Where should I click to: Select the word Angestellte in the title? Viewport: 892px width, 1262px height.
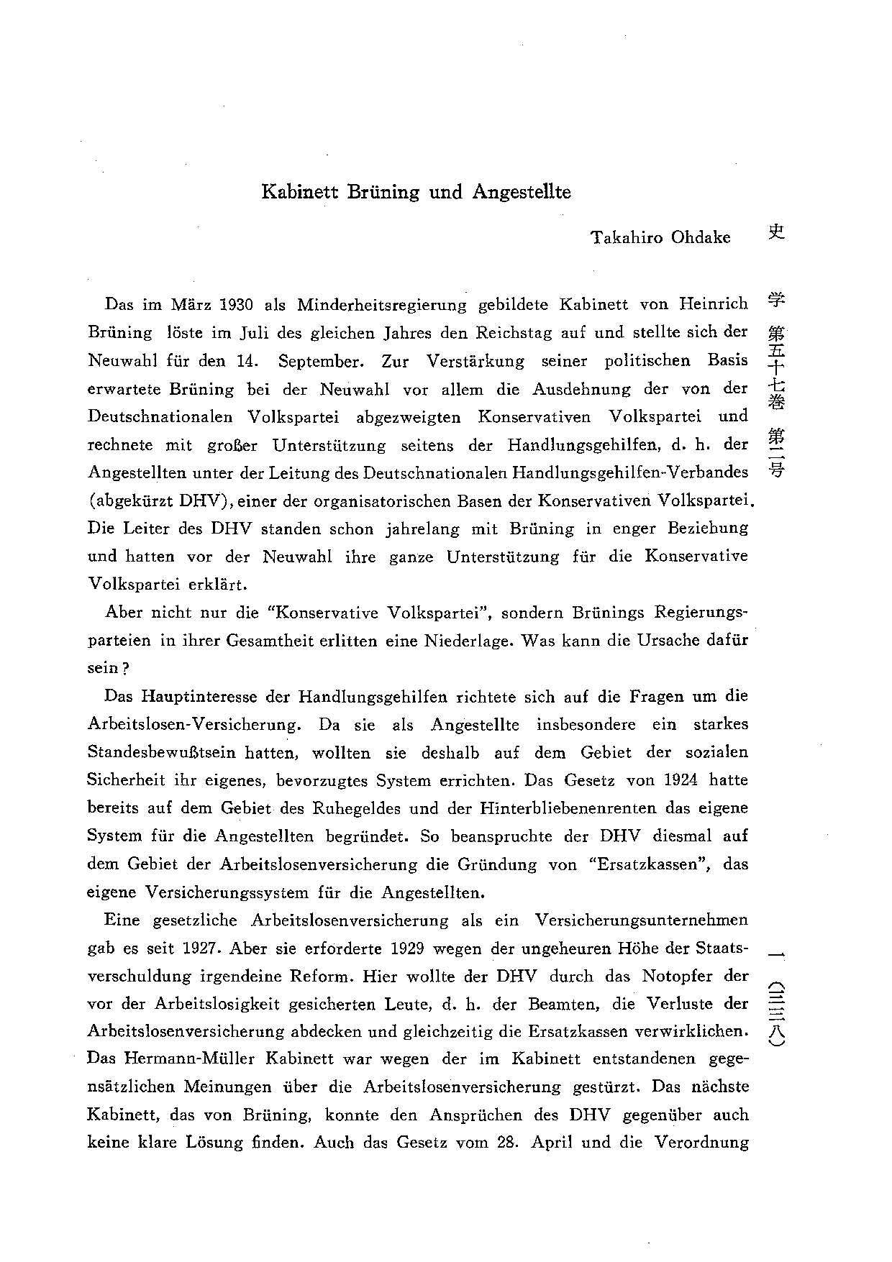coord(522,193)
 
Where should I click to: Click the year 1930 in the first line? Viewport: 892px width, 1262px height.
coord(236,304)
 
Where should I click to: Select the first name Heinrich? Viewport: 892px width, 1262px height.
coord(714,303)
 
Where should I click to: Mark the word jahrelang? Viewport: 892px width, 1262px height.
coord(422,529)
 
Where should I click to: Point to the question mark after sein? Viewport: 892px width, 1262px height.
coord(126,669)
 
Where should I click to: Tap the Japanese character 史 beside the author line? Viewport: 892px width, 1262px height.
coord(775,232)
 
